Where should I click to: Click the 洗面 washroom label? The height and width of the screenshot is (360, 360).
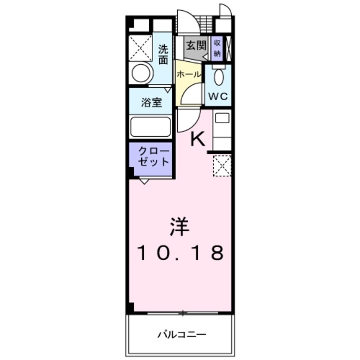163,54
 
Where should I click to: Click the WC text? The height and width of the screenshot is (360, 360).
218,96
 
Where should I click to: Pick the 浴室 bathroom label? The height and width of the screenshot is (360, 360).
152,103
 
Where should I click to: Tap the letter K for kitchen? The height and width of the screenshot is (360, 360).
198,138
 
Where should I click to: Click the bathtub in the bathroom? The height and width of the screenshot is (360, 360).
150,127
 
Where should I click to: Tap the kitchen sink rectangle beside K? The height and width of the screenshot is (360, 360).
222,119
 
